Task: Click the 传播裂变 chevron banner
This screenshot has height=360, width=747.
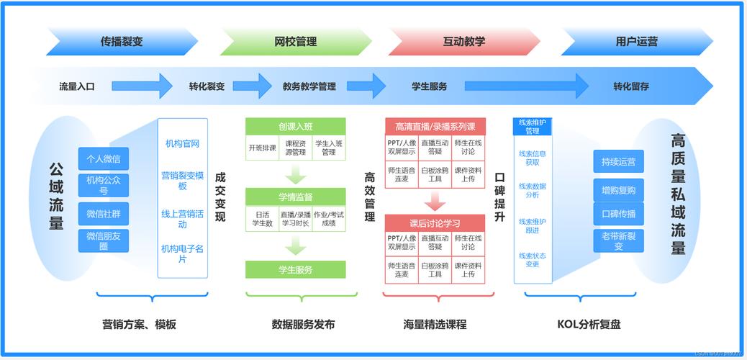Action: [122, 42]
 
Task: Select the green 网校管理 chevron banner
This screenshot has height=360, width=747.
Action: [295, 42]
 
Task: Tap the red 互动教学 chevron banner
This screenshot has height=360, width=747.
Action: [463, 42]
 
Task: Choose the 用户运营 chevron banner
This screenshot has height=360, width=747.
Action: [636, 42]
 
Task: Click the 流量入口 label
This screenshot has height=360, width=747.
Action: [76, 86]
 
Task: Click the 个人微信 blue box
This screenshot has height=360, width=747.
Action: [104, 159]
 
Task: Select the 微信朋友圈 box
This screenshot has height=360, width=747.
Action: [104, 240]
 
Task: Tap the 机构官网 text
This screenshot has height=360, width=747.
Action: [182, 143]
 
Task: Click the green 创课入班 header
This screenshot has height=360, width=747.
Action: [295, 127]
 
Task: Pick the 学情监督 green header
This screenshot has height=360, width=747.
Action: [295, 197]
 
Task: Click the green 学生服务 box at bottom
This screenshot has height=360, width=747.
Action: [295, 270]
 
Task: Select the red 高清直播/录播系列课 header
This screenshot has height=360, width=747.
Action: [435, 127]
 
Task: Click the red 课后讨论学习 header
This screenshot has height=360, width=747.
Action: [435, 223]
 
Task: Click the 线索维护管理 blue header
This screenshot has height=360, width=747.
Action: [532, 127]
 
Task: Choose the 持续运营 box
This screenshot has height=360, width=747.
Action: [618, 162]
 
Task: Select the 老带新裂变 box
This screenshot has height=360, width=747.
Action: [618, 240]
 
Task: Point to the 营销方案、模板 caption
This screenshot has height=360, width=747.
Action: [139, 324]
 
